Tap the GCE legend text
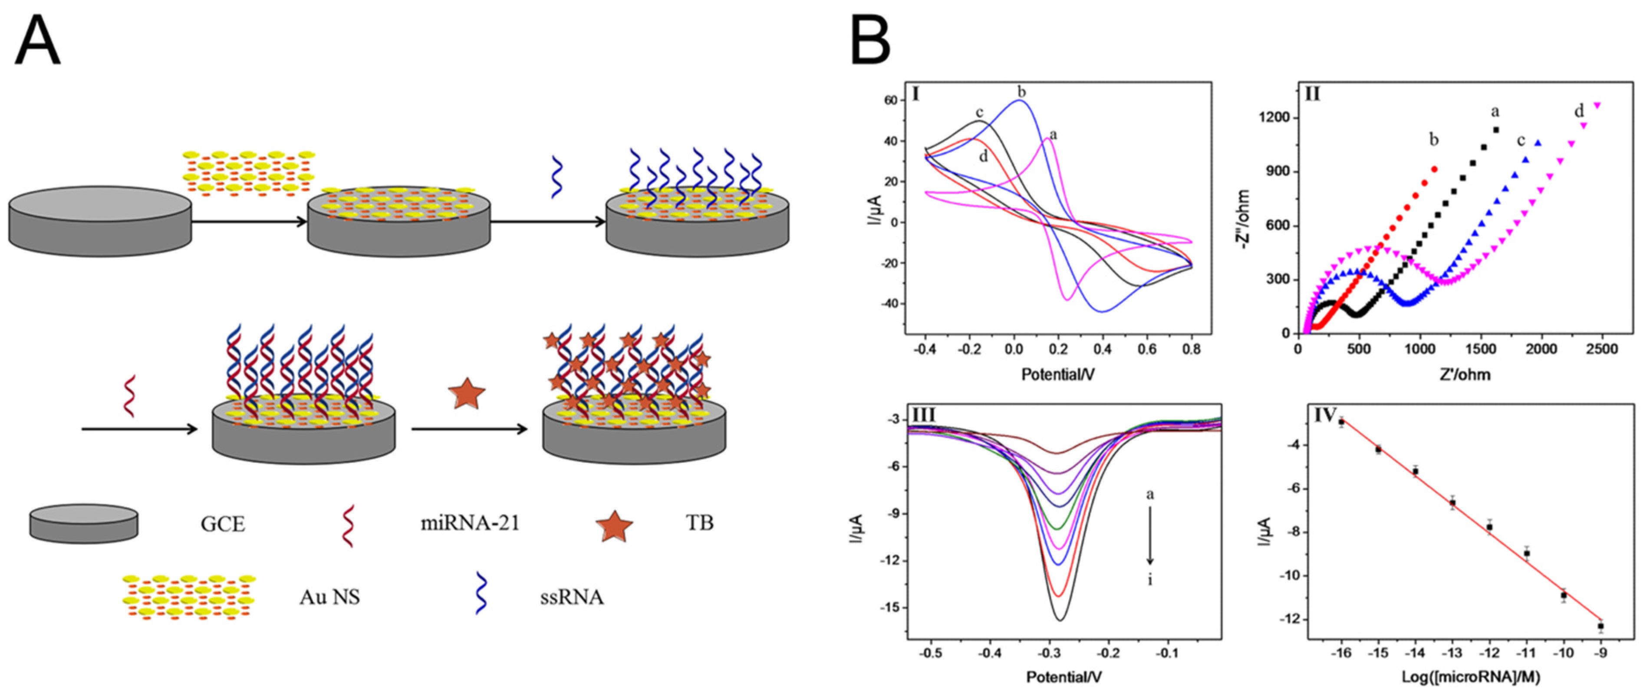click(222, 524)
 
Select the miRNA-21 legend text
click(470, 523)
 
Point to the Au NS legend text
click(330, 597)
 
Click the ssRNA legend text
click(571, 597)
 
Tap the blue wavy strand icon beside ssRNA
click(481, 594)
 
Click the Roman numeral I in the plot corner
click(915, 95)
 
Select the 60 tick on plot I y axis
click(890, 100)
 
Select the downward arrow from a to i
click(1150, 535)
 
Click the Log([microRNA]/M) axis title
click(1470, 676)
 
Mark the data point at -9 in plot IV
click(1600, 626)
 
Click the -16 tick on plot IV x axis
click(1340, 653)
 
